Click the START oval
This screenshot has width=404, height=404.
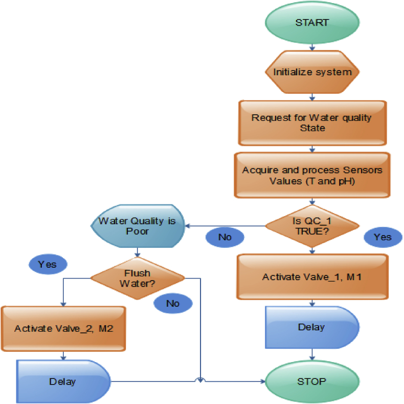click(x=312, y=23)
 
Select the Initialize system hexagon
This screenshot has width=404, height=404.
click(x=312, y=72)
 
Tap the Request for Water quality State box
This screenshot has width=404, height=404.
click(x=312, y=122)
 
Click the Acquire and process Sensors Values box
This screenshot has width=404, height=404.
click(x=312, y=175)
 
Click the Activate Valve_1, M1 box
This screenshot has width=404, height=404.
click(x=312, y=277)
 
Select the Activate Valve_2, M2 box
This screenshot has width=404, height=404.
click(x=63, y=328)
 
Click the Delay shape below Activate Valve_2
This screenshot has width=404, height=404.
click(x=63, y=381)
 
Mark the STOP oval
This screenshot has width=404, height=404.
click(x=312, y=381)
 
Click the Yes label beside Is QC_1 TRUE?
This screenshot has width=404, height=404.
click(x=383, y=237)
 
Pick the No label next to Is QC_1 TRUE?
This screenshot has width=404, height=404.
click(x=225, y=237)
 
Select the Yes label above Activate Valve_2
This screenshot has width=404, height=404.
click(x=48, y=264)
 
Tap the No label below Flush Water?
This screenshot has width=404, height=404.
click(x=173, y=303)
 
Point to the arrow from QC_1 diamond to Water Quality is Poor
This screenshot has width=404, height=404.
click(x=225, y=225)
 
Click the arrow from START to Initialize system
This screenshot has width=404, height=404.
click(x=312, y=46)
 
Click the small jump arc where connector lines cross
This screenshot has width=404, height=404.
click(x=201, y=380)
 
